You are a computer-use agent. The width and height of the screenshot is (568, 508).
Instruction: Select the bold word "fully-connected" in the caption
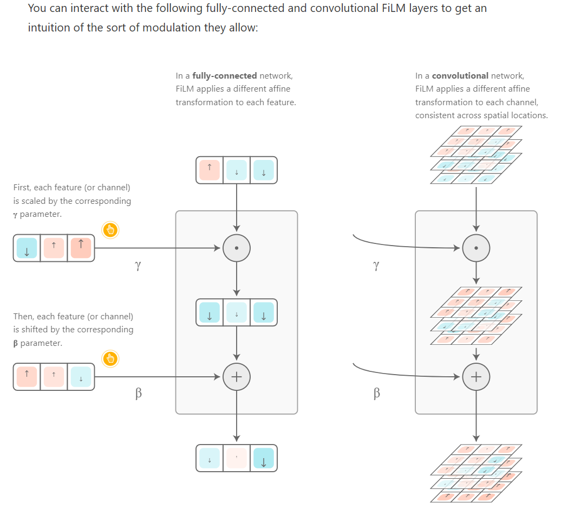(x=225, y=76)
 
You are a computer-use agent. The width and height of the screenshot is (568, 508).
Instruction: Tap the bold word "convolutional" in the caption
(x=460, y=76)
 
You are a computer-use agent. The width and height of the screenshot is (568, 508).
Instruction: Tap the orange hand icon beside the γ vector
(x=110, y=230)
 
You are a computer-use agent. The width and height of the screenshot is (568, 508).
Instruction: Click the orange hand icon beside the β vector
(x=110, y=358)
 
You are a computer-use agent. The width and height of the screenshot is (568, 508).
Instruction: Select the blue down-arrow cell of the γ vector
(x=27, y=248)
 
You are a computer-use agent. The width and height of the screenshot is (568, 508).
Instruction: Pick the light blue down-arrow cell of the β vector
(x=81, y=377)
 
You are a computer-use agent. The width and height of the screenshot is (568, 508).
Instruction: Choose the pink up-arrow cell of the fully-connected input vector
(x=210, y=170)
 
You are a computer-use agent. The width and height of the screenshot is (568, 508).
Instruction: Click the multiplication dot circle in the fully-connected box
(x=237, y=248)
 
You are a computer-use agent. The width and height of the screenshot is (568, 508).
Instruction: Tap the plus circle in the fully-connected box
(x=237, y=376)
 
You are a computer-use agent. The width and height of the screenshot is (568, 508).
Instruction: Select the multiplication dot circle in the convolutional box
(x=476, y=248)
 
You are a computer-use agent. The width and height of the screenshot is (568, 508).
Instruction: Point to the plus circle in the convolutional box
(x=476, y=376)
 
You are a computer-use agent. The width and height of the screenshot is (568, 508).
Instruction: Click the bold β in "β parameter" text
(x=16, y=343)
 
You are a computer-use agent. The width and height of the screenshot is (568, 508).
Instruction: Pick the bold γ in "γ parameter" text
(x=16, y=215)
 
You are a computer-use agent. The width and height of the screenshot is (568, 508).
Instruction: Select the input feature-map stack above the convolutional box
(x=476, y=155)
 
